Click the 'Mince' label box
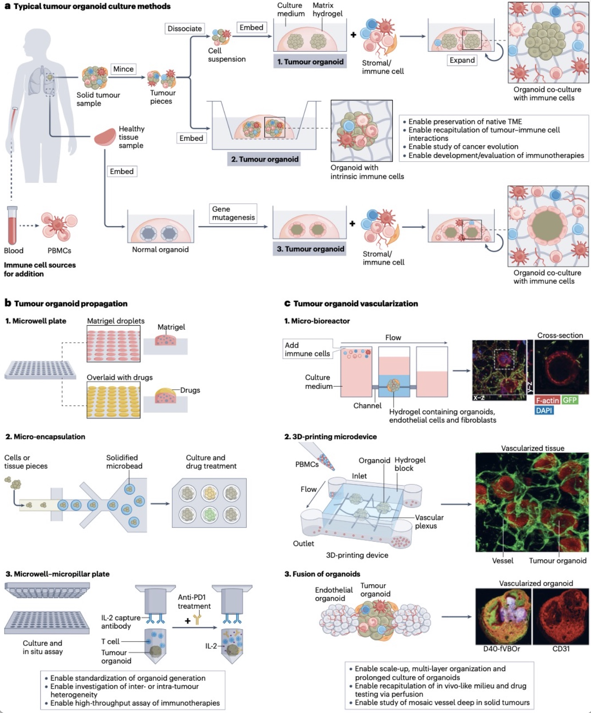pos(123,69)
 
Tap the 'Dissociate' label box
pos(185,28)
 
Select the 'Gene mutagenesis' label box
pos(233,213)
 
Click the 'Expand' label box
pos(462,60)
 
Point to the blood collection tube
pos(12,225)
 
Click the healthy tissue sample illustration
pos(105,137)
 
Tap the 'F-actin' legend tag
pos(547,400)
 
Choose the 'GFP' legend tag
pos(570,400)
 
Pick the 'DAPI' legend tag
pos(544,410)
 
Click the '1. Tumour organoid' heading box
pos(310,62)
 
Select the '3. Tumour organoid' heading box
pos(310,249)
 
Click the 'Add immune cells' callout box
pos(307,349)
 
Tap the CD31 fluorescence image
pos(561,616)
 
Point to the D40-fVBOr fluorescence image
pos(503,616)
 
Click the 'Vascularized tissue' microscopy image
pos(532,502)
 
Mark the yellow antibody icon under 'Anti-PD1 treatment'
pos(197,618)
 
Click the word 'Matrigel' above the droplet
pos(171,327)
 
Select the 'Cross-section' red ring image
pos(562,368)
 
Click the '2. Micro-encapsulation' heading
pos(45,436)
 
